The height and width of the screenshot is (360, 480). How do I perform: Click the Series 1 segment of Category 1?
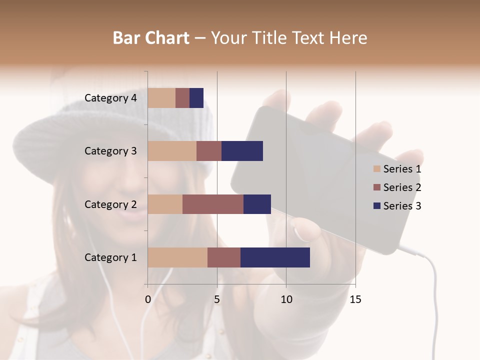pos(177,257)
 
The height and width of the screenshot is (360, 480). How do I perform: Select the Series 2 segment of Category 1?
pos(224,257)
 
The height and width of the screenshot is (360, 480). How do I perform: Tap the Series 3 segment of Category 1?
pos(275,257)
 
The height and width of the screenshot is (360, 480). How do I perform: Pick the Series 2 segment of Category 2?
pos(213,204)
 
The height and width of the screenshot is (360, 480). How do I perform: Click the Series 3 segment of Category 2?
pos(257,204)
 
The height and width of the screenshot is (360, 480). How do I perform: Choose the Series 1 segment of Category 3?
pos(172,151)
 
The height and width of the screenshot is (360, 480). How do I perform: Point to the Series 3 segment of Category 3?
pos(242,151)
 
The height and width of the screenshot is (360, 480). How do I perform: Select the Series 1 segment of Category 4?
pos(161,98)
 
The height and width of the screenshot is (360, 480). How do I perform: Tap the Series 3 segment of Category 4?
pos(196,98)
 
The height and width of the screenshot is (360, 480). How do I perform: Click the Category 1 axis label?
pos(110,257)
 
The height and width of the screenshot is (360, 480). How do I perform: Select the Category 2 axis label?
pos(110,204)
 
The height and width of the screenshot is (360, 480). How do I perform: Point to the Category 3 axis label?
pos(110,151)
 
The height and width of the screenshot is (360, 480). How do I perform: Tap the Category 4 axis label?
pos(110,98)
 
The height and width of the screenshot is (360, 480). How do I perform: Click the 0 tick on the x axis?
pos(148,299)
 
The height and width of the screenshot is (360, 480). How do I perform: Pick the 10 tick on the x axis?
pos(286,299)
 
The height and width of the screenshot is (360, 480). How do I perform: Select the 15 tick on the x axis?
pos(355,299)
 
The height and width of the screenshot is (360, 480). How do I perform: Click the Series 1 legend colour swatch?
pos(377,169)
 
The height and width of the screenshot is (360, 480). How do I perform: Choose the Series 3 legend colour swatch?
pos(377,206)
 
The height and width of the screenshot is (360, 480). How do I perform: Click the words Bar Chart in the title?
pos(151,38)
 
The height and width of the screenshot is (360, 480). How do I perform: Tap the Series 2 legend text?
pos(402,187)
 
